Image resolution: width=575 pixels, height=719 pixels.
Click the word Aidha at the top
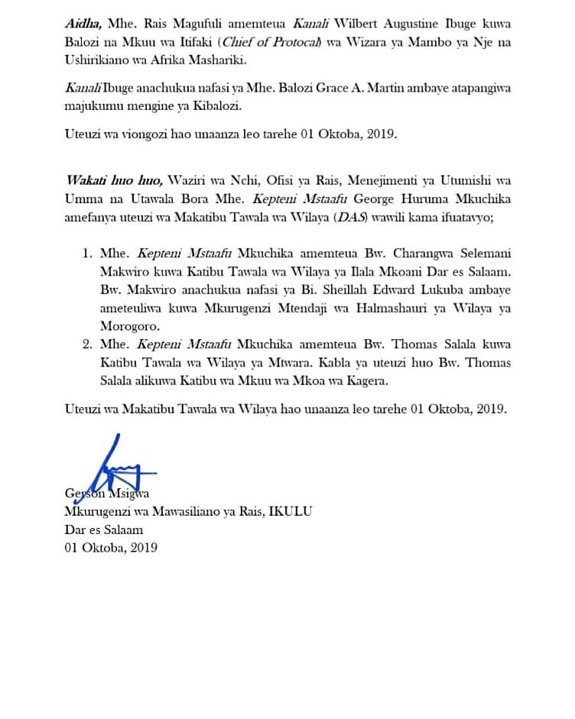coord(81,24)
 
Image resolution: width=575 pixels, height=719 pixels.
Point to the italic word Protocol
coord(294,42)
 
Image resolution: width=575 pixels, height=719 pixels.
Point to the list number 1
coord(87,254)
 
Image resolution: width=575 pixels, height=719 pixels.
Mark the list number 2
coord(87,345)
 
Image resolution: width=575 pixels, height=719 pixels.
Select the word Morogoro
coord(127,327)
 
